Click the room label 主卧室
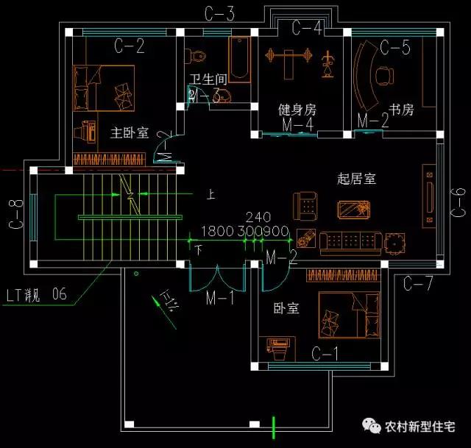[x=130, y=133]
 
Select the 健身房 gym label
[x=297, y=110]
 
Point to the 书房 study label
[x=402, y=110]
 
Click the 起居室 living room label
[x=356, y=178]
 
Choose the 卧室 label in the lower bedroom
[x=286, y=308]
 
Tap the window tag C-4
[x=306, y=28]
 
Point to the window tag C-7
[x=418, y=282]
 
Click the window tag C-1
[x=325, y=353]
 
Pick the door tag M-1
[x=219, y=298]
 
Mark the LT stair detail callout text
[x=36, y=295]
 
